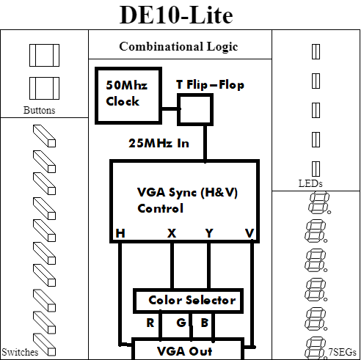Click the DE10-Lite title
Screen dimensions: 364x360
(x=176, y=15)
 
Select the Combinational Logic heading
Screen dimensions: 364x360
(x=178, y=47)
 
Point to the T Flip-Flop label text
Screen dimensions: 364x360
(x=210, y=85)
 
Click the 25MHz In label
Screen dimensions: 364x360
(x=159, y=143)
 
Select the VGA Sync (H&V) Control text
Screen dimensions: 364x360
(x=187, y=200)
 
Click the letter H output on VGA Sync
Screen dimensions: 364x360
(x=120, y=233)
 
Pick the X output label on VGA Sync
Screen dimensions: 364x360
(x=172, y=233)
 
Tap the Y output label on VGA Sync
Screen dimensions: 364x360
(x=209, y=233)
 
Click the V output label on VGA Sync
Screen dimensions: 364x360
(x=250, y=233)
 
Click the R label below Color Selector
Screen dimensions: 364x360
(x=150, y=323)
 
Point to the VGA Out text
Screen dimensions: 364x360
(x=184, y=351)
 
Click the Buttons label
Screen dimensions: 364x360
(x=39, y=110)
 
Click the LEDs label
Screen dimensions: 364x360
(x=310, y=183)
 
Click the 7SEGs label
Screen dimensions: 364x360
(x=342, y=352)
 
